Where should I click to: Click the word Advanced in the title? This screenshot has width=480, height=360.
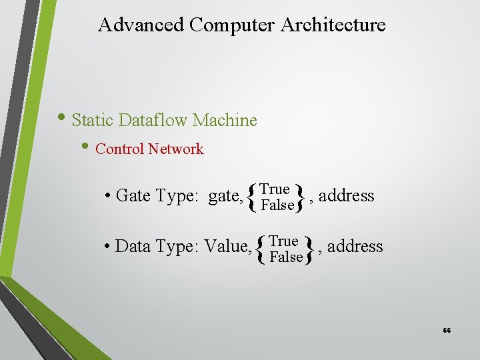point(141,25)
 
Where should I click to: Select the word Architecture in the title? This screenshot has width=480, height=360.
point(333,25)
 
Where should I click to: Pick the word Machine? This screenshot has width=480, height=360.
point(225,121)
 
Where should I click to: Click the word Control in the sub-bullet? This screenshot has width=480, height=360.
point(120,149)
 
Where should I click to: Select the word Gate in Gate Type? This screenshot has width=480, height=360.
point(133,196)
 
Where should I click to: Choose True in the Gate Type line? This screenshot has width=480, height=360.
point(275,189)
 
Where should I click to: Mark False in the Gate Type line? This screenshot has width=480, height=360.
point(277,205)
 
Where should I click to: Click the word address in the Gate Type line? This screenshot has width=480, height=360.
point(347,196)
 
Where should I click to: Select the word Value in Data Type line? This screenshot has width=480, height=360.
point(227,247)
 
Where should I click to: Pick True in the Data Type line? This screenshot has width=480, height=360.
point(284,241)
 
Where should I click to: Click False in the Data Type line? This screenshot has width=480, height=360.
point(286,257)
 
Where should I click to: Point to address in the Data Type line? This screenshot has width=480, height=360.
point(355,247)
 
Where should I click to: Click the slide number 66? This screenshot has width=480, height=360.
point(447,331)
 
